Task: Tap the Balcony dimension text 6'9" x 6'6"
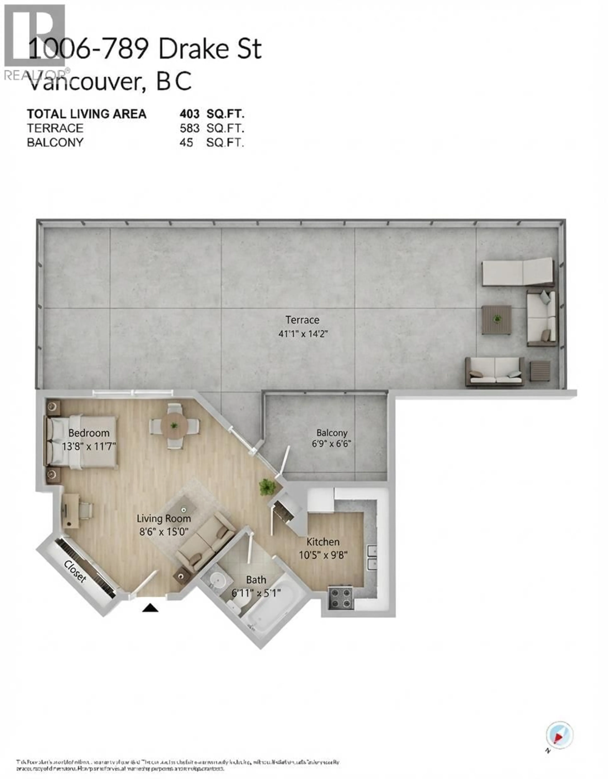[x=332, y=444]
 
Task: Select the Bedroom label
[x=89, y=433]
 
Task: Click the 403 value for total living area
[x=189, y=114]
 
